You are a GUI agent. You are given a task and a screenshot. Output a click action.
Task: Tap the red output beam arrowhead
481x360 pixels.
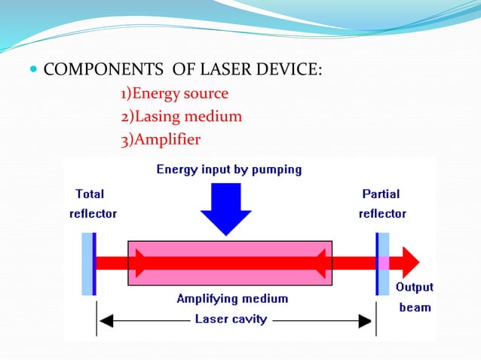coord(410,263)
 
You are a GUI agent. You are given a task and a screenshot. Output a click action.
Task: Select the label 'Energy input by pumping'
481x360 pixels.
coord(228,169)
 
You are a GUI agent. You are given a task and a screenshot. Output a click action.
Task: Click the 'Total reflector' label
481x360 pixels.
coord(93,203)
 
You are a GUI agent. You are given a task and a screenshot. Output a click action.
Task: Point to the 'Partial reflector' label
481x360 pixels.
coord(382,203)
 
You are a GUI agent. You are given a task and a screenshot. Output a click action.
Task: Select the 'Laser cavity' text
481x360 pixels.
coord(231,319)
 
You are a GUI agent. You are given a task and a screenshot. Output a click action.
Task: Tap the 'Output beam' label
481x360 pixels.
coord(415,297)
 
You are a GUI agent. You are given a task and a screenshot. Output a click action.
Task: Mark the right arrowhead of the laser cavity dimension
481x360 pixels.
coord(368,320)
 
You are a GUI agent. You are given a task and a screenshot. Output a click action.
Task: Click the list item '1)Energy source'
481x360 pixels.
coord(174,94)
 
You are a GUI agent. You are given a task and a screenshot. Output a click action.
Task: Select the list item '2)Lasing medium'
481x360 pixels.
coord(181,117)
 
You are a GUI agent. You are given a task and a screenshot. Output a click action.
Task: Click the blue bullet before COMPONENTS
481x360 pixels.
coord(33,72)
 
